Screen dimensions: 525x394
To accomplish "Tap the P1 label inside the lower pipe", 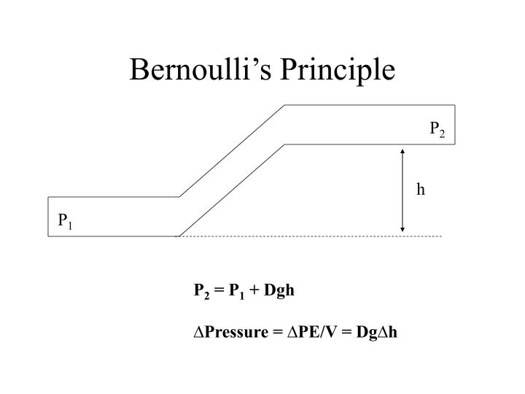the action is coord(65,221).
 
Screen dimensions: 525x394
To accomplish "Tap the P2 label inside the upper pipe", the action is coord(437,129).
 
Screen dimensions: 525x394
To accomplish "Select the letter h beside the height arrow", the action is coord(421,189).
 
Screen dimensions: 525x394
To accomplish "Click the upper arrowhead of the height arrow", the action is coord(402,151).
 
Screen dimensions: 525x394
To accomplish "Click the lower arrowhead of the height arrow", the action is coord(402,230).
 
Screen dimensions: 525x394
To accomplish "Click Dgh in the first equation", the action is coord(279,290).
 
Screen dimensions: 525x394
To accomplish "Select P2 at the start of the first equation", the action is coord(201,291).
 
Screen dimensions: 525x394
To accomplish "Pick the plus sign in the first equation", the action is coord(254,290).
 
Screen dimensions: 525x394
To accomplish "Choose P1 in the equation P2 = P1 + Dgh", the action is coord(236,291).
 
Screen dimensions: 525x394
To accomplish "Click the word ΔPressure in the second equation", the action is coord(231,332).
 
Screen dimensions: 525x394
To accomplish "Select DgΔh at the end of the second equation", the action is coord(377,333).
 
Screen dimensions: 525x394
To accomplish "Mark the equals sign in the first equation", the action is coord(219,290).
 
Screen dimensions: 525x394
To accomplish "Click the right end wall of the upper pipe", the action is coord(455,125).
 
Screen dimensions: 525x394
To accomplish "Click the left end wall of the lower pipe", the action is coord(48,217).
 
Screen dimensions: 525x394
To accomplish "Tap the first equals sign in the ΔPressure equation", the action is coord(278,333).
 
